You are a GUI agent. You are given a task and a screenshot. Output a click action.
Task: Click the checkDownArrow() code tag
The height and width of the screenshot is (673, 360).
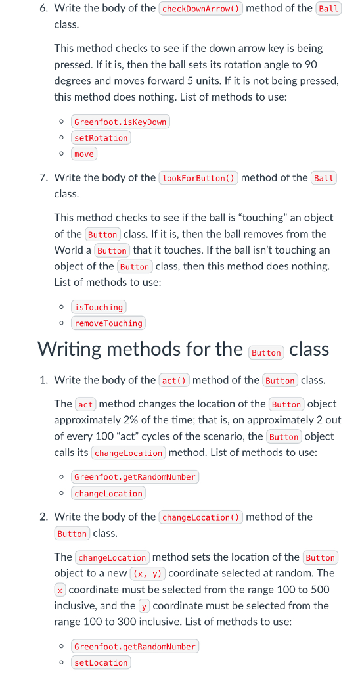click(x=201, y=9)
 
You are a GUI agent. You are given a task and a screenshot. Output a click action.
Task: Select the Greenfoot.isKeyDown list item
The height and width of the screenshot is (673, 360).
click(x=120, y=122)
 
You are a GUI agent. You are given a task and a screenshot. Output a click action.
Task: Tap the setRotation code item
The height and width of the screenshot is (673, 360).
click(x=101, y=138)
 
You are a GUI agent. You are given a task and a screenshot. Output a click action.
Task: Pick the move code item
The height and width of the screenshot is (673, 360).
click(x=84, y=154)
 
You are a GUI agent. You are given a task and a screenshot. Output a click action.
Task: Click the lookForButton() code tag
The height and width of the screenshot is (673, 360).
click(x=200, y=178)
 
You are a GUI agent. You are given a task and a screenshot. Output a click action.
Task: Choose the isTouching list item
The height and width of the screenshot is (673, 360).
click(x=99, y=307)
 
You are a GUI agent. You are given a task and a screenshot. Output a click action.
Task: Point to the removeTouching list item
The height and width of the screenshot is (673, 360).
click(x=108, y=323)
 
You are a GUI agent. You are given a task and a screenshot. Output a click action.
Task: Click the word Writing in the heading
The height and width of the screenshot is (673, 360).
click(x=73, y=349)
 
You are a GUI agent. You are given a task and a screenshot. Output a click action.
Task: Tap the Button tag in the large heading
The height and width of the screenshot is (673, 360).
click(x=266, y=353)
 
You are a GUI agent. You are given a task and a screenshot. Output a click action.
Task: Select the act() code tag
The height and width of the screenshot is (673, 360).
click(x=174, y=381)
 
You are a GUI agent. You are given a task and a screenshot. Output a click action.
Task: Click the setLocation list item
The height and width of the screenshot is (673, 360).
click(x=101, y=662)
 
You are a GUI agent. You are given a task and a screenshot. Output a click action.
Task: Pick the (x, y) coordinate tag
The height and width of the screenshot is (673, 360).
click(x=147, y=574)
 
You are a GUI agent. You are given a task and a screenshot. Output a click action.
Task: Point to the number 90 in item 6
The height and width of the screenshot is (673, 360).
click(x=311, y=64)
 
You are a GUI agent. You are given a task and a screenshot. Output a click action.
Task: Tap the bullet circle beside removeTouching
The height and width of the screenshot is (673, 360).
click(x=61, y=323)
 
